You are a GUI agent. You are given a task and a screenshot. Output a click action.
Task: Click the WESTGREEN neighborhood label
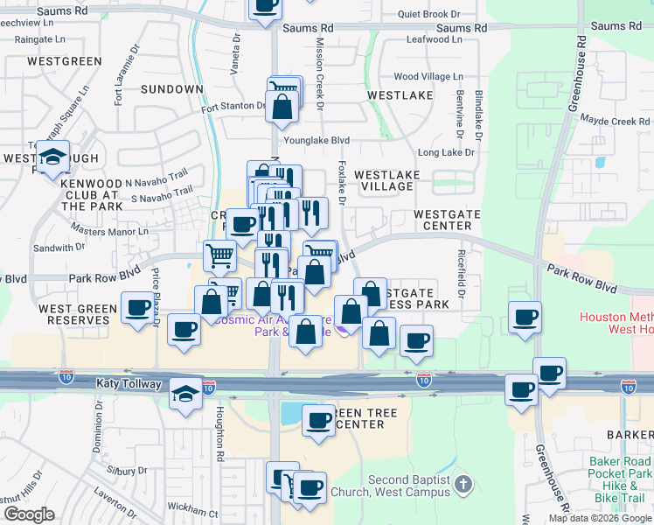tap(64, 61)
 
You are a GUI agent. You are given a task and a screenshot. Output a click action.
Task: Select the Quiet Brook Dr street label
tap(428, 14)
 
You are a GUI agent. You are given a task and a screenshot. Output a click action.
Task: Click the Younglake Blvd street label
tap(316, 140)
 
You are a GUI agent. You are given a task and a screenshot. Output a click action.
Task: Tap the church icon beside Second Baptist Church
tap(464, 482)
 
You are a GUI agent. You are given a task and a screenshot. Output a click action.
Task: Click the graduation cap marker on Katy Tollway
tap(186, 394)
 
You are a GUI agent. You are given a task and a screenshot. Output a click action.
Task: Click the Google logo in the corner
tap(29, 514)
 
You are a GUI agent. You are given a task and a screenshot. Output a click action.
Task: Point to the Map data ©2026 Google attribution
tap(599, 518)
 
